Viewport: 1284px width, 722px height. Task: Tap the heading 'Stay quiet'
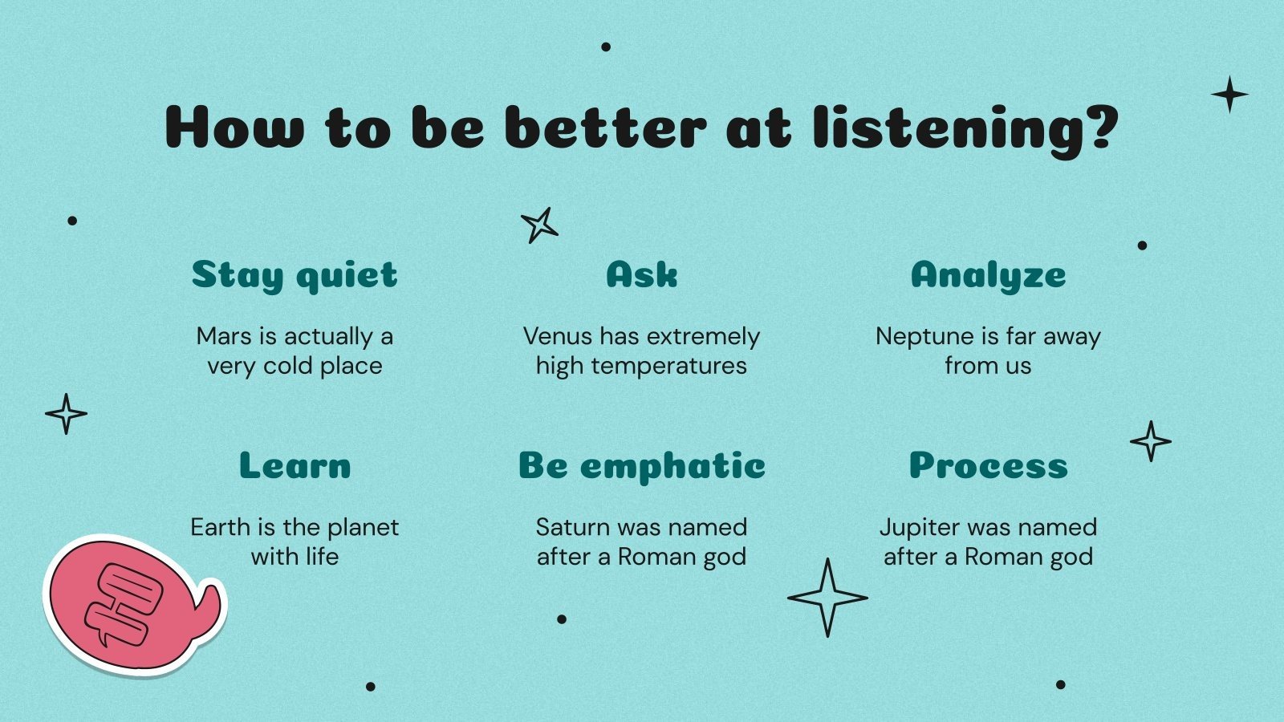click(x=295, y=275)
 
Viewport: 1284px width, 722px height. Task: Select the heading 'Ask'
click(x=641, y=274)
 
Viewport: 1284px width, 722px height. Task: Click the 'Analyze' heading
click(x=988, y=275)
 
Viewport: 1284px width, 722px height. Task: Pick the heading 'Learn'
click(x=295, y=465)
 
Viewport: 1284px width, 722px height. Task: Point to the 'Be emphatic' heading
click(x=641, y=465)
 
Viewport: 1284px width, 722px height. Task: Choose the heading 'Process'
click(x=988, y=465)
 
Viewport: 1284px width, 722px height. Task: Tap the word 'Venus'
click(x=558, y=336)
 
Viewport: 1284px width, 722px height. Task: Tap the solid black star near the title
click(x=1229, y=95)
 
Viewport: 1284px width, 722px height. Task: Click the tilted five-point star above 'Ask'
click(x=539, y=225)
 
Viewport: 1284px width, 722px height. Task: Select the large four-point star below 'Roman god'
click(x=827, y=598)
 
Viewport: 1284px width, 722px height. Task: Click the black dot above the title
click(x=606, y=47)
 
